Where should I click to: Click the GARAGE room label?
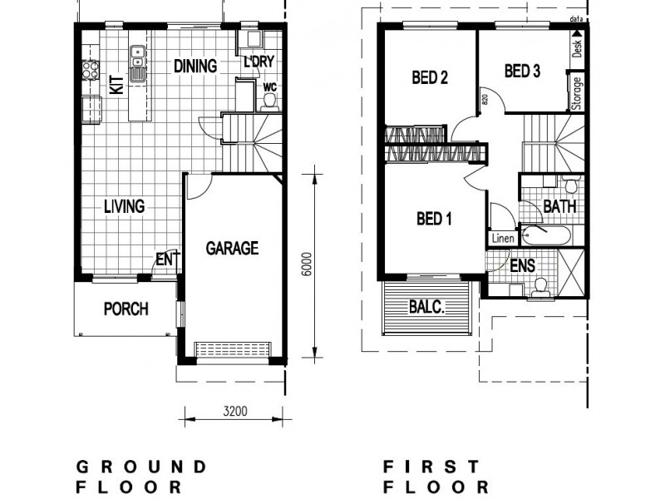click(x=232, y=248)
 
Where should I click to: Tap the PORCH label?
click(x=126, y=309)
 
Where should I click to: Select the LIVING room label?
click(x=124, y=206)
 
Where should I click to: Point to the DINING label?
click(x=195, y=66)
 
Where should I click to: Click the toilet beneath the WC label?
click(x=268, y=101)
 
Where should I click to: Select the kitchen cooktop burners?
click(x=88, y=70)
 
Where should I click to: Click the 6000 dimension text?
click(x=307, y=264)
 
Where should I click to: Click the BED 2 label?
click(x=431, y=78)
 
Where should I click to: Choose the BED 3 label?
click(x=523, y=72)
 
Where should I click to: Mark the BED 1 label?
click(x=433, y=220)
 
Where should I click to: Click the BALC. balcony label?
click(x=427, y=306)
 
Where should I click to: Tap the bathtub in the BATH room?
click(x=545, y=236)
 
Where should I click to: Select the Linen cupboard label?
click(x=503, y=239)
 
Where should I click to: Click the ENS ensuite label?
click(x=523, y=266)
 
